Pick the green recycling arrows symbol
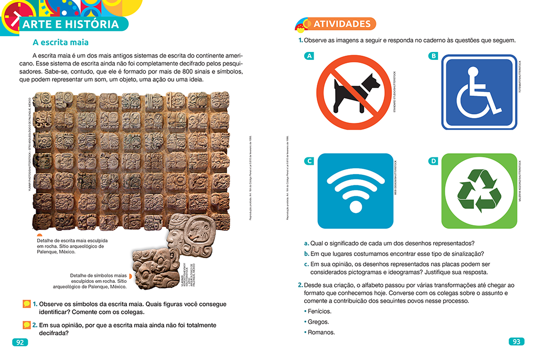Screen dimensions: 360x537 point(479,190)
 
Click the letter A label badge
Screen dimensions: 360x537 point(309,56)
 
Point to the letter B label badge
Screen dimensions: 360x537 point(433,56)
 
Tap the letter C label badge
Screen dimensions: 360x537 point(309,161)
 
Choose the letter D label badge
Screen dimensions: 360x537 point(433,161)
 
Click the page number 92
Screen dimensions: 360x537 point(19,342)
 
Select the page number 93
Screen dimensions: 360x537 point(516,342)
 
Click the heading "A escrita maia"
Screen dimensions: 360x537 point(60,43)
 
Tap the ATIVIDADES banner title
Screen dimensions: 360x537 point(341,24)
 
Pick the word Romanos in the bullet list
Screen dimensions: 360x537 point(321,332)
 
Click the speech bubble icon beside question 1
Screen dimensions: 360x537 point(26,304)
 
